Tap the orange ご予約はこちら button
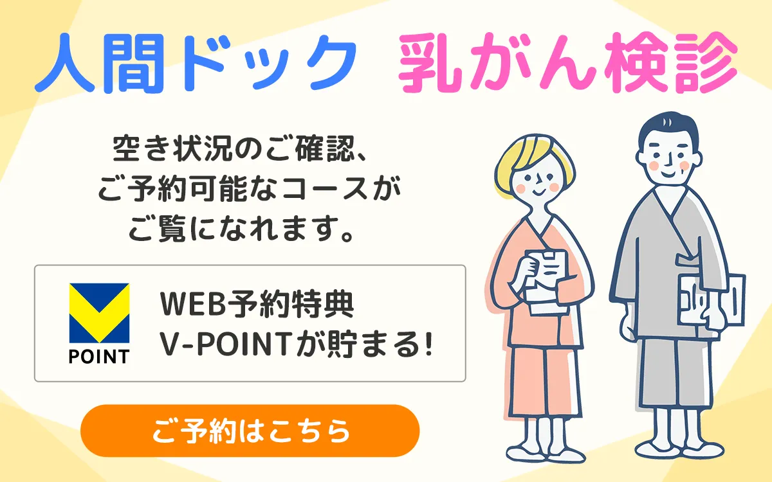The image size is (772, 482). point(250,431)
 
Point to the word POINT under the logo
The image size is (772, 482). point(99,356)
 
